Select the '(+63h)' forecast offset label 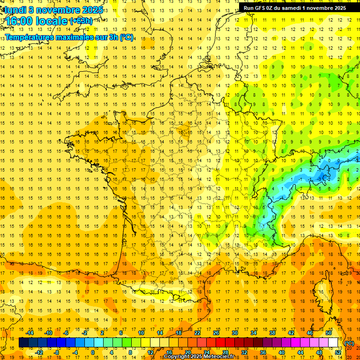click(81, 21)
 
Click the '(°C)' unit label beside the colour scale click(349, 343)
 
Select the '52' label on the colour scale click(338, 352)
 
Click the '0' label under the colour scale click(93, 352)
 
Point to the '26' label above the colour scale click(216, 333)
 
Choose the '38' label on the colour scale click(272, 333)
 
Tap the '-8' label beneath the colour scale click(56, 352)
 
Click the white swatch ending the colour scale click(333, 343)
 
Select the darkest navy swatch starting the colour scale click(23, 343)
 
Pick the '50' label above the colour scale click(328, 333)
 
